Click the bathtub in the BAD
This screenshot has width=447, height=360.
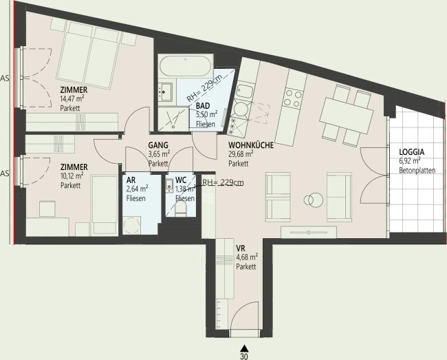186,66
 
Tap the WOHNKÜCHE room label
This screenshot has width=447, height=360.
251,145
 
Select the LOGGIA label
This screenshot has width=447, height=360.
412,152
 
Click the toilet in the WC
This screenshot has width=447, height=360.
180,209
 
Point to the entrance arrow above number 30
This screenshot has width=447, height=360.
243,348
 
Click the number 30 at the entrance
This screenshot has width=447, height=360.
243,357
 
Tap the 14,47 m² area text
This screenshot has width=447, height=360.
72,99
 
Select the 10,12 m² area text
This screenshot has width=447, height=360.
72,176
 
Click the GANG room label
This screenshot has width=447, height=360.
158,145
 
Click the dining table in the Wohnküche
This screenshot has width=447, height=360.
347,116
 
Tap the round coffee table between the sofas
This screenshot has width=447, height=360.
314,200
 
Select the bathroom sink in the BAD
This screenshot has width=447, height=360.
165,92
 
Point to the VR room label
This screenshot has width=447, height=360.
240,248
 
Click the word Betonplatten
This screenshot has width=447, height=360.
417,171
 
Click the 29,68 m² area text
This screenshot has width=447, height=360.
241,154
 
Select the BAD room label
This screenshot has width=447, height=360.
203,106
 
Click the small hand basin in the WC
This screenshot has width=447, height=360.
170,185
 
